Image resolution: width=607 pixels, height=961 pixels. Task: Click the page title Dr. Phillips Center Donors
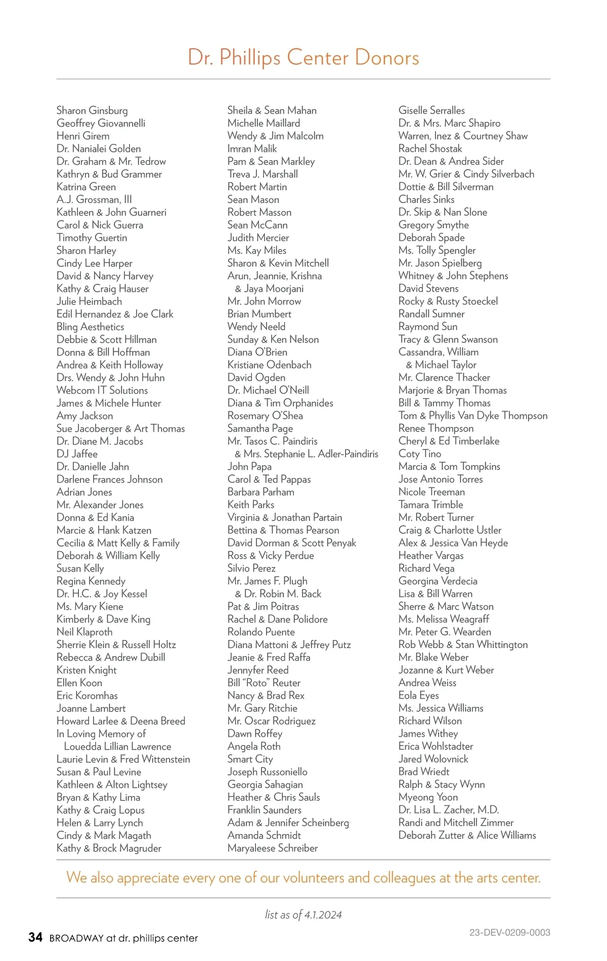(303, 57)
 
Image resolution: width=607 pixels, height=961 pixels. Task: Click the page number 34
(35, 937)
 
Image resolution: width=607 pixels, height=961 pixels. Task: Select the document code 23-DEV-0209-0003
(509, 932)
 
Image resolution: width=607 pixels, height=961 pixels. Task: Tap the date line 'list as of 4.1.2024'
(303, 914)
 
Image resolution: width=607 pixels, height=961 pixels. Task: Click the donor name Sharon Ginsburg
(92, 110)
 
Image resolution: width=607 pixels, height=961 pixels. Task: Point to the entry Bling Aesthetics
(90, 327)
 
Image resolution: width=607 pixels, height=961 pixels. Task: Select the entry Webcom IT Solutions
(102, 390)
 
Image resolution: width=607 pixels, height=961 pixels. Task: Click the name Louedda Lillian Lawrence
(117, 746)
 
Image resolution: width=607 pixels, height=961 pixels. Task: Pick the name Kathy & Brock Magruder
(109, 848)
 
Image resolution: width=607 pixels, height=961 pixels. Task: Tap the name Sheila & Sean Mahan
(272, 110)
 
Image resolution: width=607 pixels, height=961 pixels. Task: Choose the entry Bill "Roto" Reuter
(264, 683)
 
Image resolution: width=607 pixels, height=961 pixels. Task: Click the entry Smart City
(250, 759)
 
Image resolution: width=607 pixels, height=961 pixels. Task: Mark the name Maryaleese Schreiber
(272, 848)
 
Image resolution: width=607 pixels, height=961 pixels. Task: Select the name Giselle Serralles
(431, 110)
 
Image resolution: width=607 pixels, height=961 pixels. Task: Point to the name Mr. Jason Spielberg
(440, 263)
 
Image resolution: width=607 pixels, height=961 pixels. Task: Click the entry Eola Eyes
(418, 695)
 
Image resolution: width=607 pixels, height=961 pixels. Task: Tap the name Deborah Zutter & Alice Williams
(467, 835)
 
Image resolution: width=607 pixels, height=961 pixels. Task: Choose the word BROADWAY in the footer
(76, 938)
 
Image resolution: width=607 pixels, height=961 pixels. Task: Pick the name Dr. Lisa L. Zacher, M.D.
(448, 810)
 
